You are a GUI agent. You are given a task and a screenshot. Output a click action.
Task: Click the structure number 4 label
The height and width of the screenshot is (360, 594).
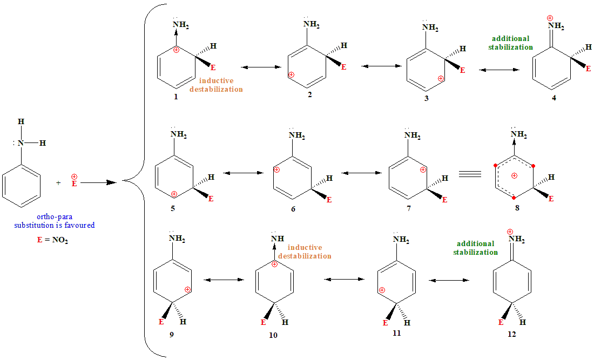pos(553,98)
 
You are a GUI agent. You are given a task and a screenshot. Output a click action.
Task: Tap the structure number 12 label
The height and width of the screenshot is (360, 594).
pos(512,334)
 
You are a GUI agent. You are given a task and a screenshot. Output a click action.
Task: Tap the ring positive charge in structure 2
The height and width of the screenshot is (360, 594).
pos(292,74)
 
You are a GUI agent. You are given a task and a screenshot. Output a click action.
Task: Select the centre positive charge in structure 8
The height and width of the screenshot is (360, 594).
pos(515,175)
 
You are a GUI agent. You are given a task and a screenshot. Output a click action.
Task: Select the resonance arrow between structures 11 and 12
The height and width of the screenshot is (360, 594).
pos(448,281)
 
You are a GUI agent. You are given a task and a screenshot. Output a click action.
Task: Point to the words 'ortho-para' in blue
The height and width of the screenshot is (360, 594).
pos(55,216)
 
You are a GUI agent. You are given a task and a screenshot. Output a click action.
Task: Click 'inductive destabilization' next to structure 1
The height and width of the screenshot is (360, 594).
pos(216,85)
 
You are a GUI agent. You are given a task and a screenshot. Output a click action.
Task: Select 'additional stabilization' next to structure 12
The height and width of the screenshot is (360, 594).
pos(475,248)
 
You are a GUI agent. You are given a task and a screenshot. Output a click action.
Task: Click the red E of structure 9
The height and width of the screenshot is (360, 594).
pos(161,322)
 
